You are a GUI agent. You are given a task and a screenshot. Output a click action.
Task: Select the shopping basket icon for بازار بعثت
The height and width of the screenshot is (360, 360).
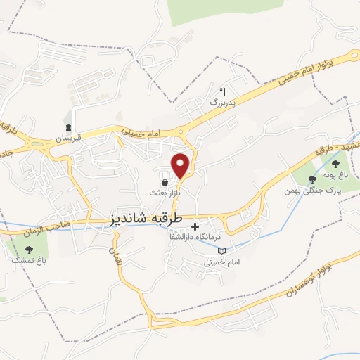(165, 182)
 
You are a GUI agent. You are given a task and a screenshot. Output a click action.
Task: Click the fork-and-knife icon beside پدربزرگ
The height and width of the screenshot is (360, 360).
(223, 91)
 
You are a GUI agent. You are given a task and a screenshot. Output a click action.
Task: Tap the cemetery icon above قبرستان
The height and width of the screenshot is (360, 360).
(69, 127)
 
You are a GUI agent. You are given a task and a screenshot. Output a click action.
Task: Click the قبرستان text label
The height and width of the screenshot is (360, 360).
(70, 138)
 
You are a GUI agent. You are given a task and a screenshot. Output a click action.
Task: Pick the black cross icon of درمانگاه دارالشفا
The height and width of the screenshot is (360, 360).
(195, 227)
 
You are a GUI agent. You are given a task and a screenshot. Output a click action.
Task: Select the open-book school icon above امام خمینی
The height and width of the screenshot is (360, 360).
(223, 251)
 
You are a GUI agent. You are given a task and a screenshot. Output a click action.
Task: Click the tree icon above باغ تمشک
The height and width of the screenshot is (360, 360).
(29, 250)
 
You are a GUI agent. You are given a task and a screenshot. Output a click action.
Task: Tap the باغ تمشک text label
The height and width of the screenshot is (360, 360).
(29, 261)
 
